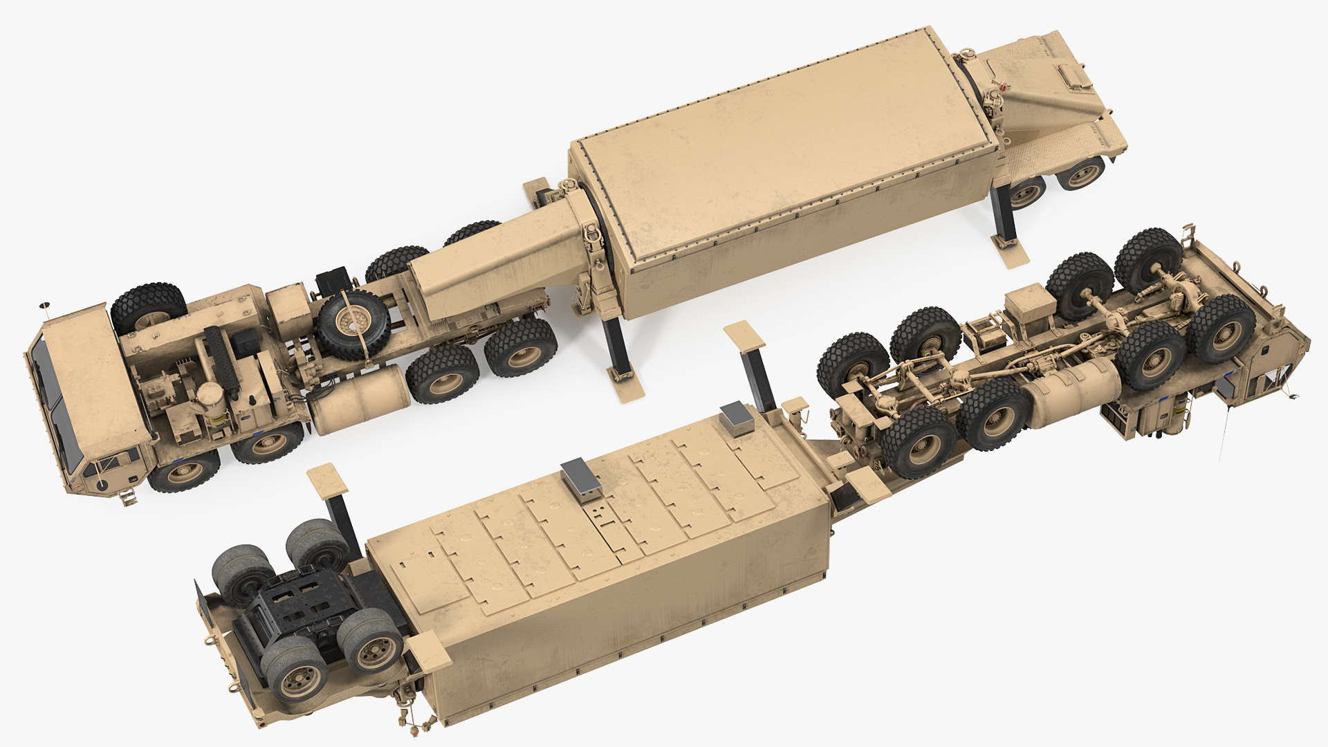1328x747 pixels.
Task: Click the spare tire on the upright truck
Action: click(353, 323)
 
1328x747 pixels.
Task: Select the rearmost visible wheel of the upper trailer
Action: click(1081, 174)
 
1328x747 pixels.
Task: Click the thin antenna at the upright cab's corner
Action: click(45, 308)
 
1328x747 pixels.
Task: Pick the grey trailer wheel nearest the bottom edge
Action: click(302, 669)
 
